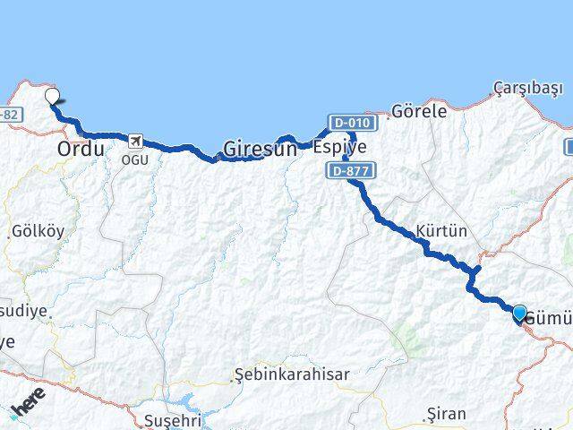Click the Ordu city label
(80, 149)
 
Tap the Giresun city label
(260, 149)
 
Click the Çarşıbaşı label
(528, 88)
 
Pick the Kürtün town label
(440, 230)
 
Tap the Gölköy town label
(38, 231)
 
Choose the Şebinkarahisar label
(291, 374)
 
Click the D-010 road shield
(349, 122)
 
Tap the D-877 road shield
(349, 168)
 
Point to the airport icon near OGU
(135, 141)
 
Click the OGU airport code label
(135, 159)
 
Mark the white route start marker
(52, 98)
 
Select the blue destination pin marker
(519, 313)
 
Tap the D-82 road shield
(9, 115)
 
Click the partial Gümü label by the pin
(550, 318)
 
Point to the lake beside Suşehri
(193, 400)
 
